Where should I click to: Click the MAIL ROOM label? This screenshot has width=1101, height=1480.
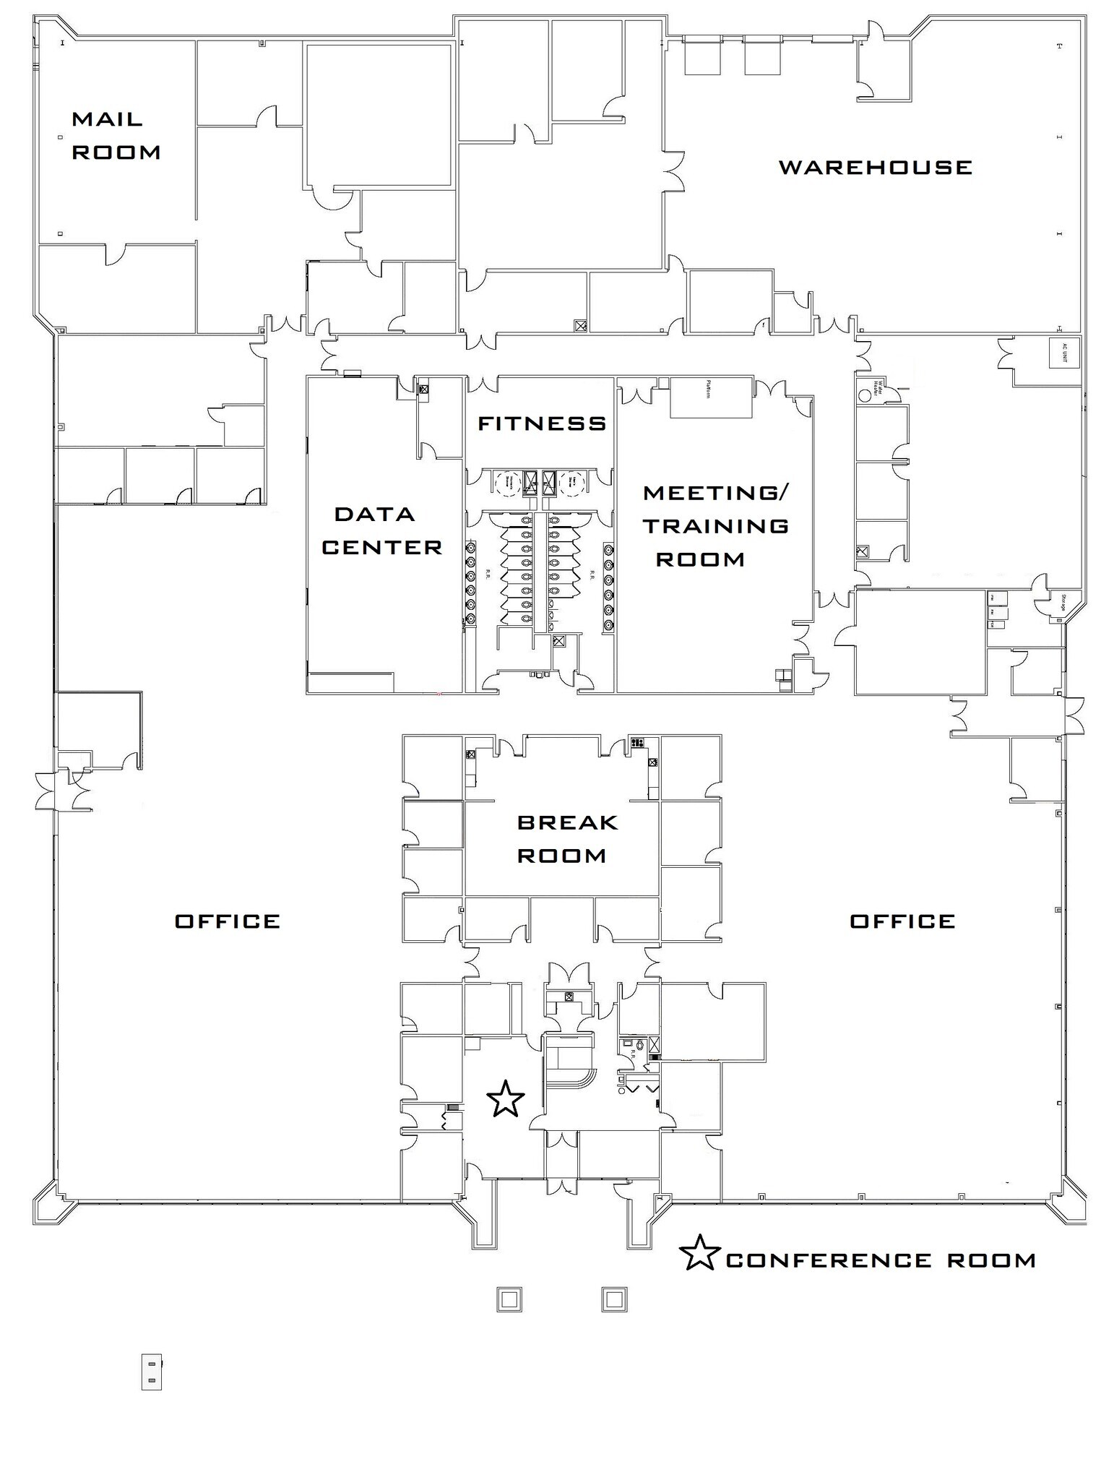pos(116,135)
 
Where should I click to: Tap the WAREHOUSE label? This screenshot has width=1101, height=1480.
pos(875,168)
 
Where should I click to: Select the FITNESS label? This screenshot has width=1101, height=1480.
pos(542,423)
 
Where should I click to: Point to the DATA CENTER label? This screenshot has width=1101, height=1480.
pos(381,531)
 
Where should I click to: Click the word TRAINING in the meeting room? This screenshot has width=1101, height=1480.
pos(716,526)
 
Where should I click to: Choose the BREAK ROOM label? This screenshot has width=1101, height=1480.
pos(567,839)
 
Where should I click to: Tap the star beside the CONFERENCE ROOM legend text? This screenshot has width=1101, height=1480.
pos(699,1254)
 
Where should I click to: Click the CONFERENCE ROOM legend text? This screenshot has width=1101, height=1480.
pos(881,1261)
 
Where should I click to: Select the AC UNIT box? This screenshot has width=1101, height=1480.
pos(1064,353)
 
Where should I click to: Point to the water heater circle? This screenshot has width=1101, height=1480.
pos(864,397)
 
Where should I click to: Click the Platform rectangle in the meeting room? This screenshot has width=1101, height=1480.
pos(711,397)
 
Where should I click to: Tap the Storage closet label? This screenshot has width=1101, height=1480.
pos(1063,602)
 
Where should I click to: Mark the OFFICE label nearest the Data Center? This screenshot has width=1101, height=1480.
pos(228,921)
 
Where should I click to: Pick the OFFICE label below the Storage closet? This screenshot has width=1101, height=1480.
pos(902,921)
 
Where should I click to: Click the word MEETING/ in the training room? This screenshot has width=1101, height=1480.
pos(716,493)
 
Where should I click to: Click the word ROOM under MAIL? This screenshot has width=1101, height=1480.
pos(116,152)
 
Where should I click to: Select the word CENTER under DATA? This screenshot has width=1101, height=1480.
pos(381,548)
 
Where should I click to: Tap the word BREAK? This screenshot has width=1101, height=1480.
pos(568,822)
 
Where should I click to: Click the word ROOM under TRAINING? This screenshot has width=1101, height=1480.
pos(700,559)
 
